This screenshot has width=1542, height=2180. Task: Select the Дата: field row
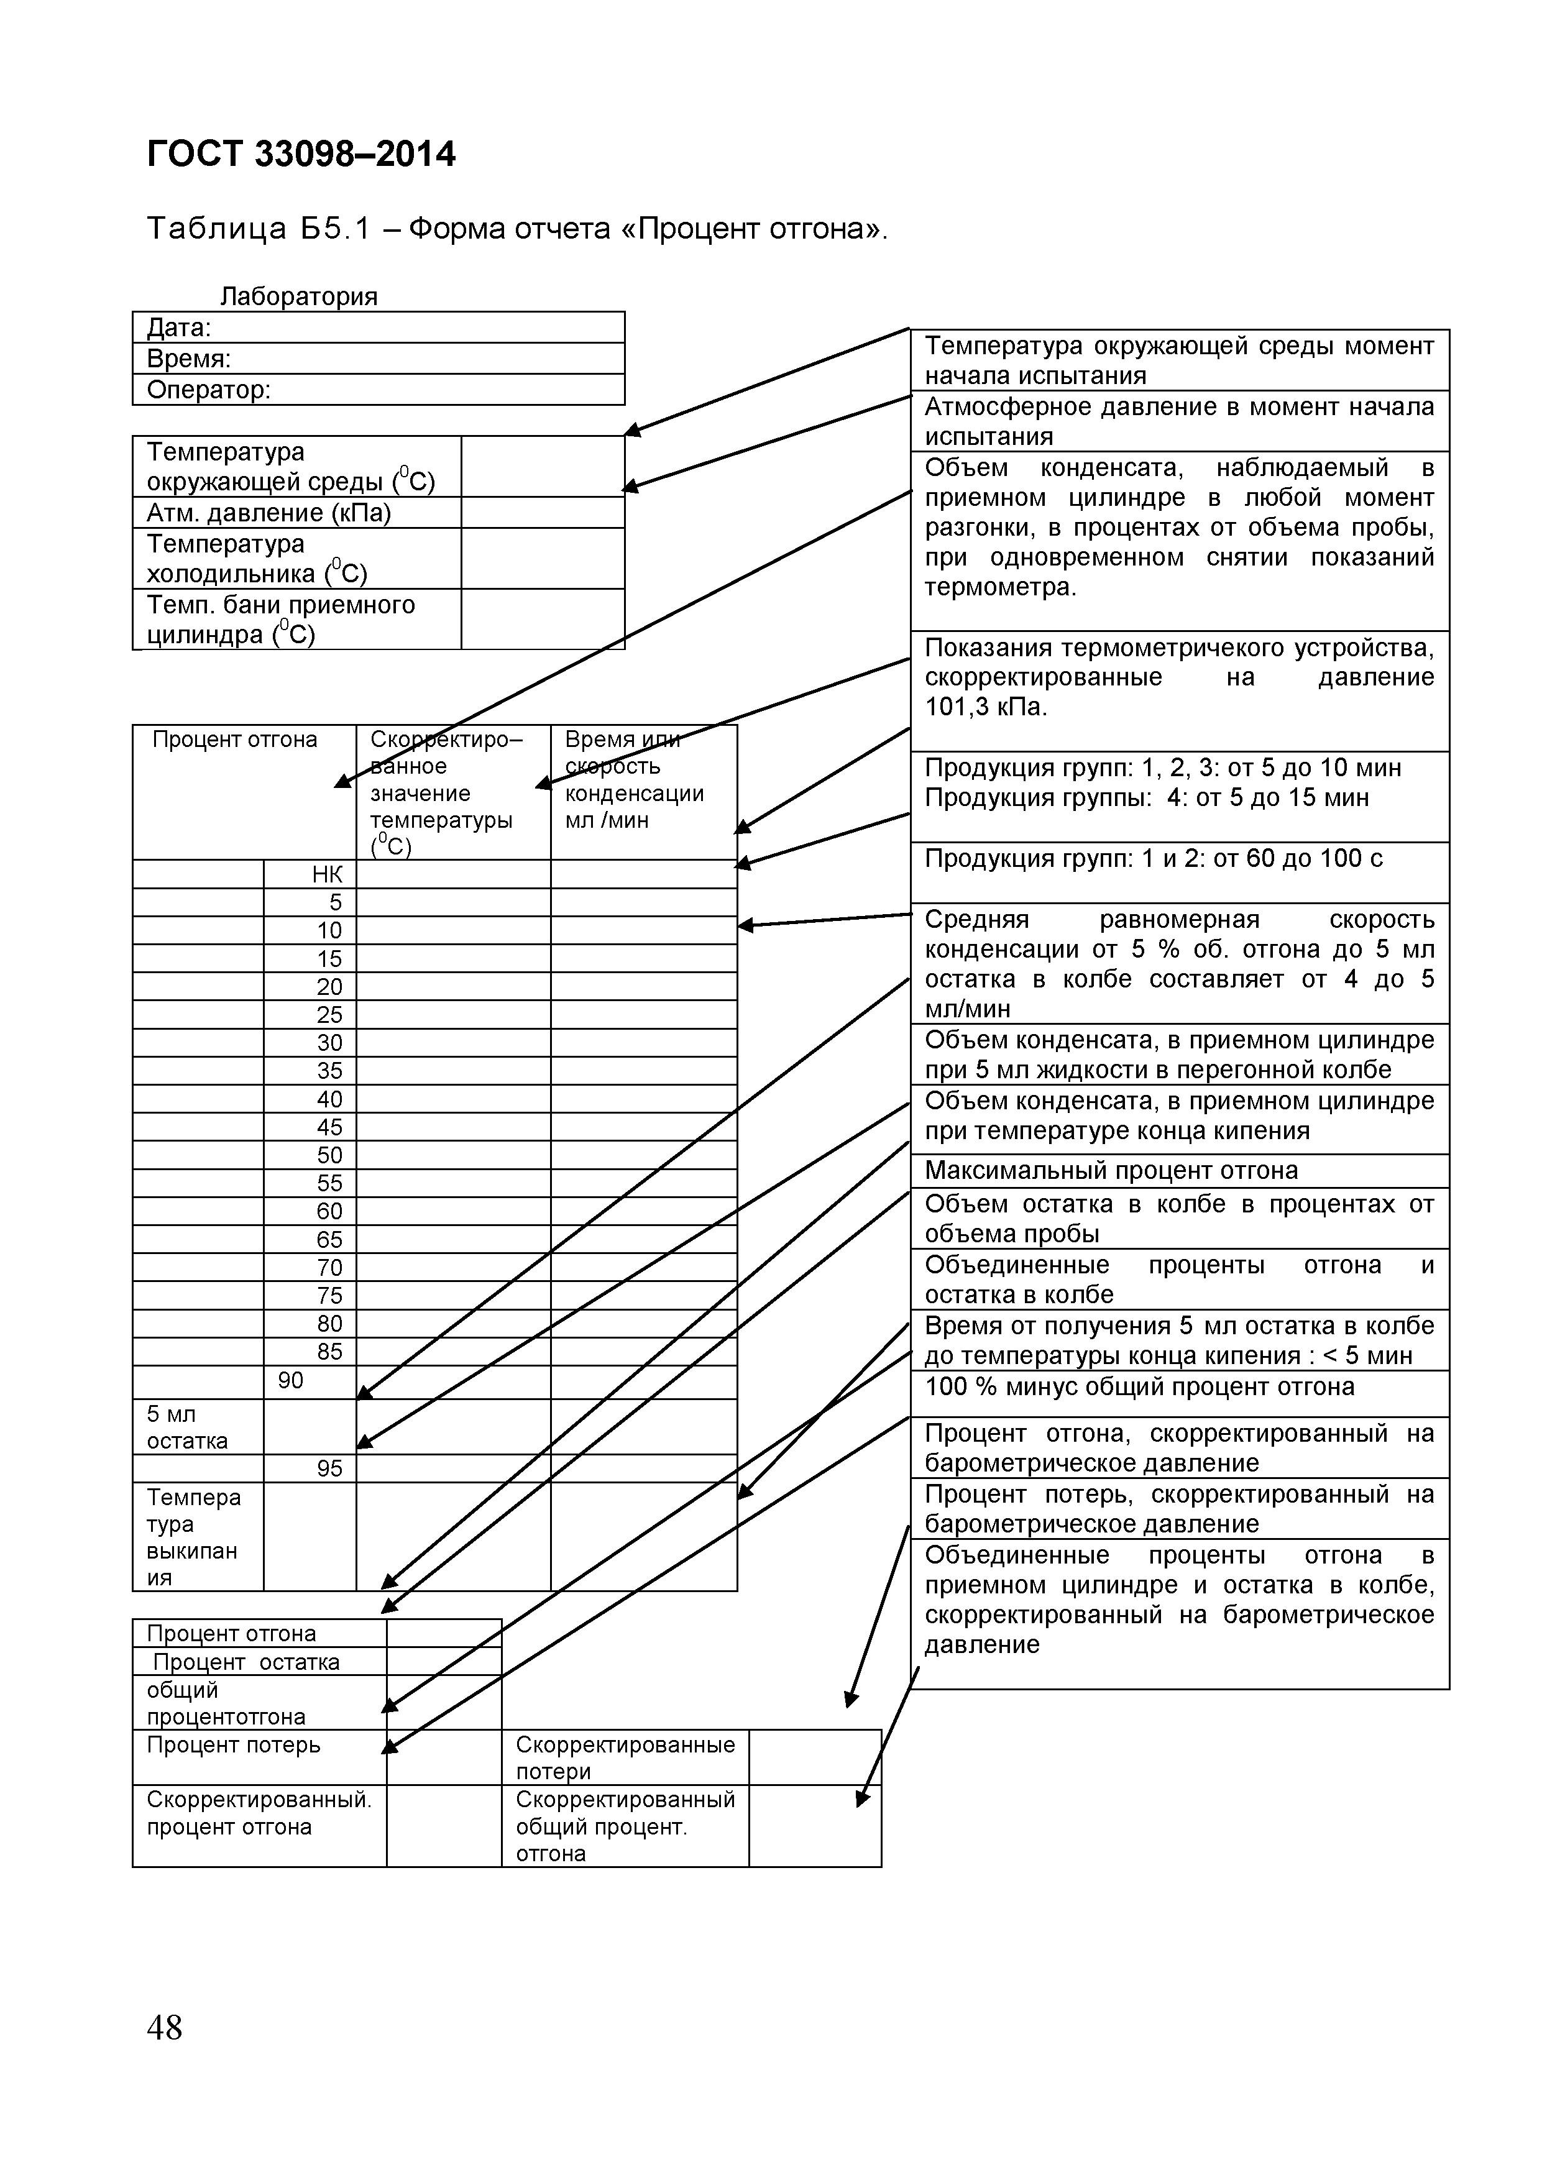point(378,327)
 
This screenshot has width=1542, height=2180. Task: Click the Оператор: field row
point(378,389)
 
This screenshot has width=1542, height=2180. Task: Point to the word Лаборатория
point(299,296)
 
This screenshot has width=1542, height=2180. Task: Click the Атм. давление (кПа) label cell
point(296,513)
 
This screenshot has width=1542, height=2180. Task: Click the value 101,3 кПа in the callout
point(986,707)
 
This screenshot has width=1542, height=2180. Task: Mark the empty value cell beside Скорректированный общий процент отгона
point(815,1825)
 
